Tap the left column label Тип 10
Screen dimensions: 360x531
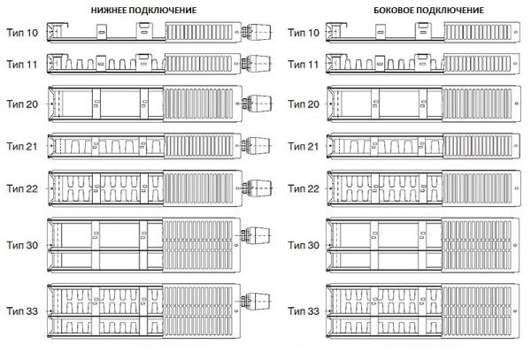[x=21, y=34]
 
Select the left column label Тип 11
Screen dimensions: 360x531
[x=21, y=65]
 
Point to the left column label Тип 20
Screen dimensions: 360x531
[x=21, y=104]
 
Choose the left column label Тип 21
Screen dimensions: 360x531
[x=21, y=144]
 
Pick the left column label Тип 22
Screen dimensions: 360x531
[x=21, y=188]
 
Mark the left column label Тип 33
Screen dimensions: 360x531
[x=21, y=312]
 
